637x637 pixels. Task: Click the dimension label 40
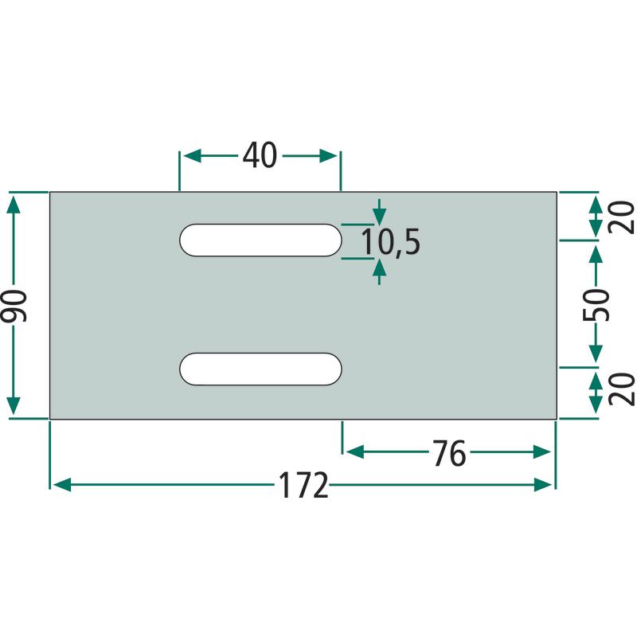(x=260, y=155)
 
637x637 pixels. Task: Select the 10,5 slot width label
(x=390, y=242)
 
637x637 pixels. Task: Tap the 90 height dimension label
(x=14, y=306)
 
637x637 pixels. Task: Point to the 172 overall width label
(x=303, y=485)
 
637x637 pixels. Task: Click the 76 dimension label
(x=449, y=453)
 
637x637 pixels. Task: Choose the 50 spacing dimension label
(x=596, y=305)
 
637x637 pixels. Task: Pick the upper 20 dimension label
(x=621, y=217)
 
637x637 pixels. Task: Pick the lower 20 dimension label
(x=621, y=389)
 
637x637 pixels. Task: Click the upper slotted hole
(x=260, y=240)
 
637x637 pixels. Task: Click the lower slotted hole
(x=260, y=369)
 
